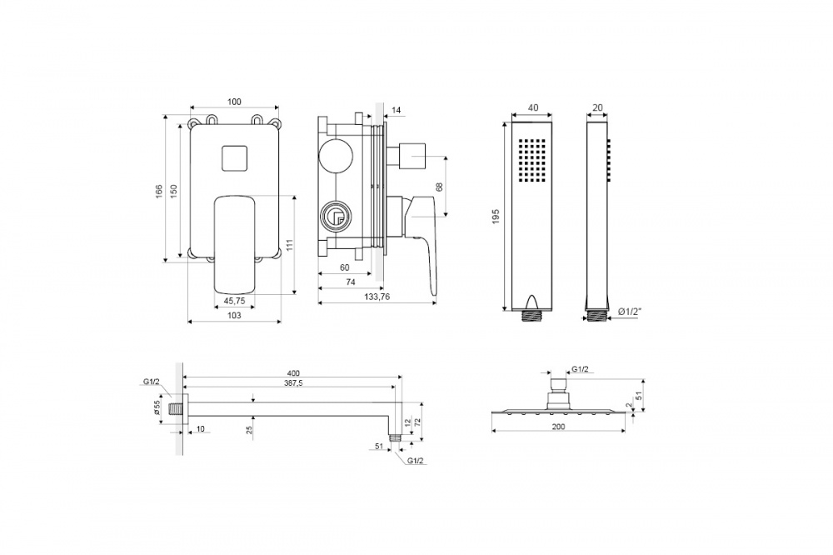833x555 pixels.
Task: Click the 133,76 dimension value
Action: [x=377, y=297]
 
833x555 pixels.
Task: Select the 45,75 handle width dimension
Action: [x=234, y=301]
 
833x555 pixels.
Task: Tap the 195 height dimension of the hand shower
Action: [x=496, y=216]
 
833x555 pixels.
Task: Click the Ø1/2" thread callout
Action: [x=630, y=312]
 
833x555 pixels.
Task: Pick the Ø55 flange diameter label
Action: [x=157, y=407]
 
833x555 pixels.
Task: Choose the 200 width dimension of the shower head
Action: [x=558, y=427]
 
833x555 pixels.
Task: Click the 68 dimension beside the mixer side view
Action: [x=439, y=187]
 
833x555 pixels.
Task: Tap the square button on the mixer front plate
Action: [x=233, y=158]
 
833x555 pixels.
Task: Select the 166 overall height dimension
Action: [x=159, y=191]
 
